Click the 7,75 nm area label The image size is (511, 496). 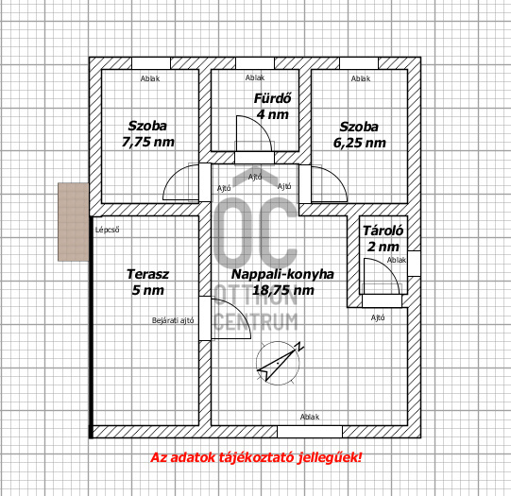point(147,143)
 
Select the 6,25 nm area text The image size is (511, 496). point(360,143)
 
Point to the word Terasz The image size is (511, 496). point(147,275)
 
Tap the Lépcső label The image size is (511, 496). point(107,229)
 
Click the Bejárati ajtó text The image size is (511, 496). point(174,321)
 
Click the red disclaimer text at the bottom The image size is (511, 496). point(256,459)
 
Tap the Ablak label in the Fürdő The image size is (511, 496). point(255,77)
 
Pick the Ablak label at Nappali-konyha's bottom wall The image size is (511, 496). point(309,417)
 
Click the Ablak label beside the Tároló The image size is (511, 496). point(397,260)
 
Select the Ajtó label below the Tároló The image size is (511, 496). point(377,317)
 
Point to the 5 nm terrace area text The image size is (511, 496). point(147,291)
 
